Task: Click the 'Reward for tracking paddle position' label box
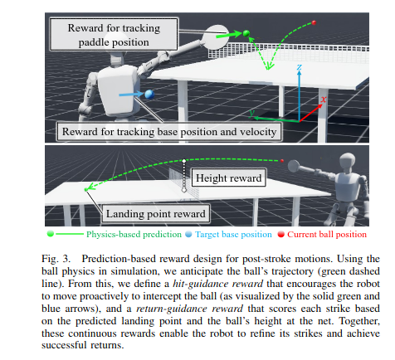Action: click(x=114, y=35)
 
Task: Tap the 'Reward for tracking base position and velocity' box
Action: click(x=169, y=132)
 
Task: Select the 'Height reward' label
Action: click(x=229, y=178)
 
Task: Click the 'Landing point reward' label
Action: click(x=156, y=214)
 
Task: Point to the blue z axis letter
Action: click(x=299, y=67)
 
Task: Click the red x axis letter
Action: click(x=324, y=100)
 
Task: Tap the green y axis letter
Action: click(x=251, y=113)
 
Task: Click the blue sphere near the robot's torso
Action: click(x=149, y=95)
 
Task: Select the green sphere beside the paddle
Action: click(x=246, y=33)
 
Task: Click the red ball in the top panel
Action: click(x=314, y=22)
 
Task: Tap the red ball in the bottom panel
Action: click(x=282, y=161)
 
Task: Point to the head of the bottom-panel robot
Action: click(x=347, y=161)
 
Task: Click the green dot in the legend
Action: click(x=50, y=234)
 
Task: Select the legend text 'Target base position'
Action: click(x=233, y=235)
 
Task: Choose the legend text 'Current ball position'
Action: click(x=327, y=235)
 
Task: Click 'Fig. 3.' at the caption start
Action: click(x=56, y=259)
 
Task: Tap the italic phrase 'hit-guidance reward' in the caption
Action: click(x=218, y=284)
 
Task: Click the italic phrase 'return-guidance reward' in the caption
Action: click(x=189, y=309)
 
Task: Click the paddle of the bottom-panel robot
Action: click(x=294, y=166)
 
